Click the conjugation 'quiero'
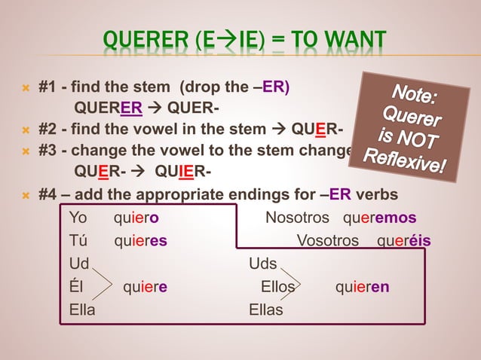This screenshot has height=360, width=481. [136, 219]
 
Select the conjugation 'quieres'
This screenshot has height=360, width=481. [140, 242]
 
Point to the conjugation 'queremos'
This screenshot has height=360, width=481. [379, 219]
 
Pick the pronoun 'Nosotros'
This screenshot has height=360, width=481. [297, 219]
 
